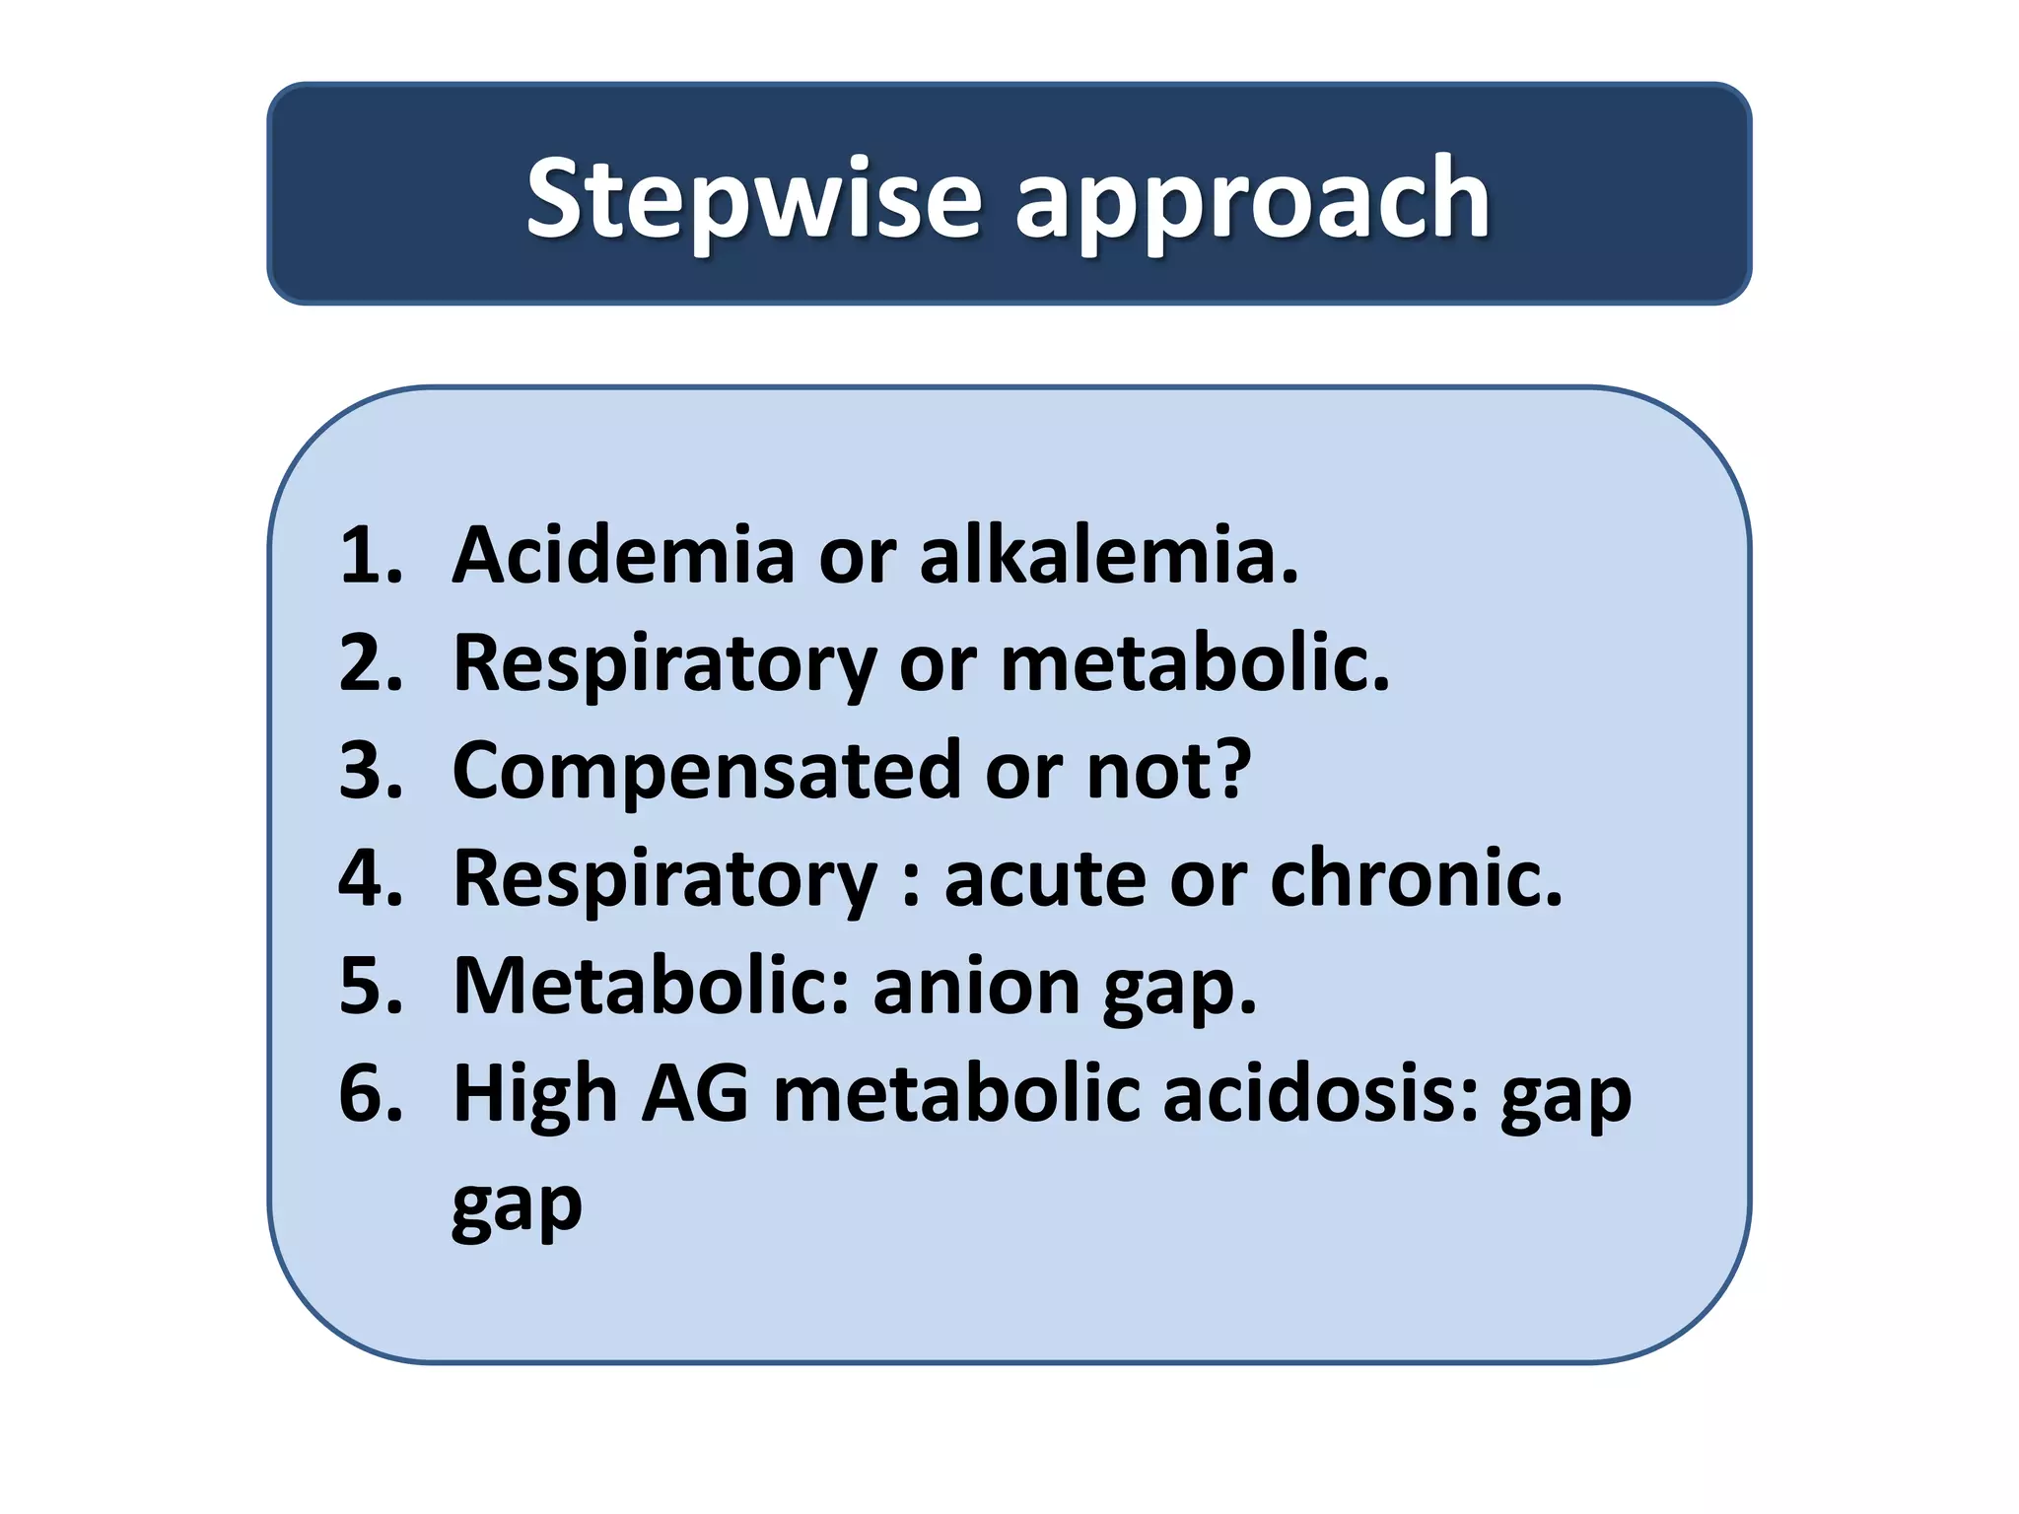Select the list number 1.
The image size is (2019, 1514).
coord(371,555)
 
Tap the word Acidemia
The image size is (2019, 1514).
coord(623,555)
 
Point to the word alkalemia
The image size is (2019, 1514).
coord(1108,555)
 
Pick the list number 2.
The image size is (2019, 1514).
coord(371,662)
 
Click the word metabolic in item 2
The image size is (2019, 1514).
coord(1194,662)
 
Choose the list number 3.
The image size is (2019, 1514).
coord(371,770)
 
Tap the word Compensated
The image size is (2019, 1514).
coord(706,772)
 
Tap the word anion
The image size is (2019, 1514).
coord(976,986)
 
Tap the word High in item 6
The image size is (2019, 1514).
coord(534,1094)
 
